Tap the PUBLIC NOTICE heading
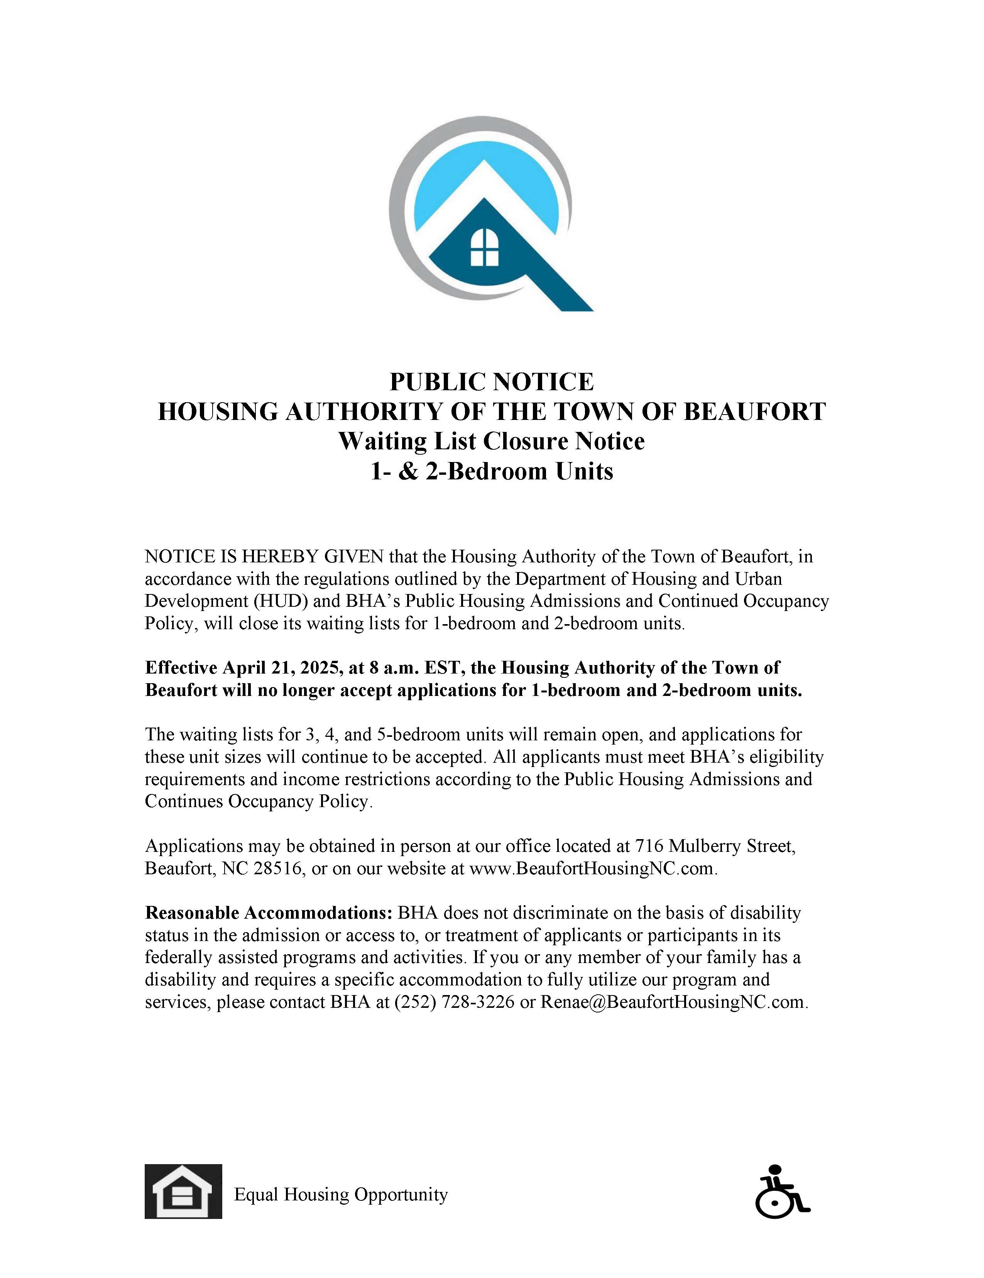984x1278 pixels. pyautogui.click(x=491, y=382)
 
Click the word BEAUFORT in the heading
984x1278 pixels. pyautogui.click(x=754, y=411)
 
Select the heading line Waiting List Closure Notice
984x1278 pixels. pyautogui.click(x=491, y=441)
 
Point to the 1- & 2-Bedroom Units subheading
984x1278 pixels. pyautogui.click(x=491, y=471)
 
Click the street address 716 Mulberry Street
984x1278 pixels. pyautogui.click(x=714, y=846)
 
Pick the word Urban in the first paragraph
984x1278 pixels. pyautogui.click(x=758, y=579)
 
